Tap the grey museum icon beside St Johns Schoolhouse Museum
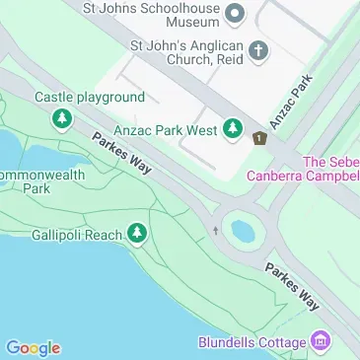point(235,13)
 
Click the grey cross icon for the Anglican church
point(258,50)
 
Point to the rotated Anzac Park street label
point(293,99)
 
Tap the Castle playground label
point(90,98)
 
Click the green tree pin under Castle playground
point(62,119)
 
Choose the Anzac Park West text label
point(165,128)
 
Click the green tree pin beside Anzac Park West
point(233,128)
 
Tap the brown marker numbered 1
point(259,139)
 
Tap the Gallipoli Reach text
point(75,234)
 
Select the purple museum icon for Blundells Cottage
point(320,341)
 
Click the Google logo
point(33,348)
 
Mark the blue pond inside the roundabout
point(243,232)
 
